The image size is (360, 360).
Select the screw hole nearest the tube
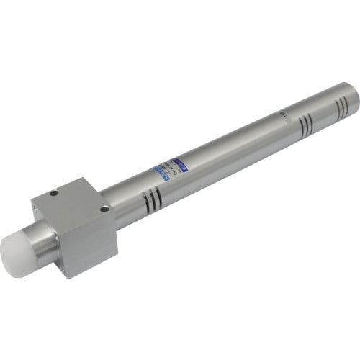(105, 209)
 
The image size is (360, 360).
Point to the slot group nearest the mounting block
(152, 200)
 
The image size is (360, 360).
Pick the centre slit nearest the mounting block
(152, 200)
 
